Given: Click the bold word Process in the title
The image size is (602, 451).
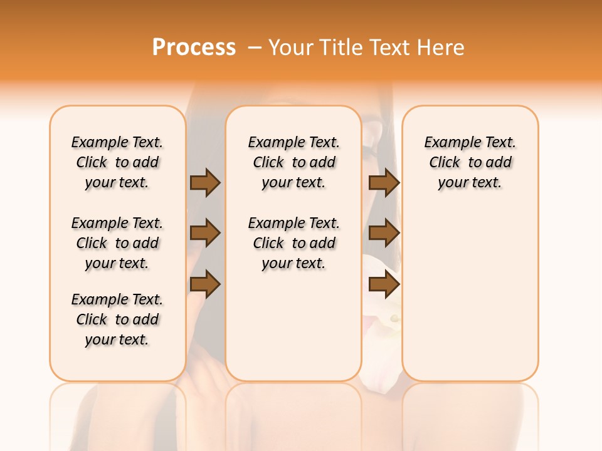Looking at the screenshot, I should tap(194, 48).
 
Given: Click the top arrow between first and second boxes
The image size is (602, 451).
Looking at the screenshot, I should tap(204, 182).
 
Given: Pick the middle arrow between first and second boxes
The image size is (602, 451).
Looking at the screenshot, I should tap(204, 233).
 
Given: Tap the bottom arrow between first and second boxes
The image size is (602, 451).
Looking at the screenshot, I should tap(204, 284).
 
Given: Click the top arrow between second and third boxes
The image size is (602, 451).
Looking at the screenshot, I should tap(384, 182).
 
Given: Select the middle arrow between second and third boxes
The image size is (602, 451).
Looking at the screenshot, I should tap(384, 233).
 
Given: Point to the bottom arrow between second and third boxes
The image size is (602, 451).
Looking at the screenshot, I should tap(384, 284).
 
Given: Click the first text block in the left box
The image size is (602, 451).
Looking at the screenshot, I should tap(117, 162).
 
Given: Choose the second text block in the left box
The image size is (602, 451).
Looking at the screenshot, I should tap(117, 243).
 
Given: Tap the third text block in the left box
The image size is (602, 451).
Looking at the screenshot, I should tap(117, 319).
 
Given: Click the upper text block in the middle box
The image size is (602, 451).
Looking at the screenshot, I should tap(293, 162).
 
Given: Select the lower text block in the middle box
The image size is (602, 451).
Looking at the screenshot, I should tap(293, 243).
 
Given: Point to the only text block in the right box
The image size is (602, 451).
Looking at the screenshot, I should tap(470, 162).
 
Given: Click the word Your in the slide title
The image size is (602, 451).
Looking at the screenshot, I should tap(291, 48).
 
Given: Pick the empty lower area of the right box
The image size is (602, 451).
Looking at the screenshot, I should tap(470, 294).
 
